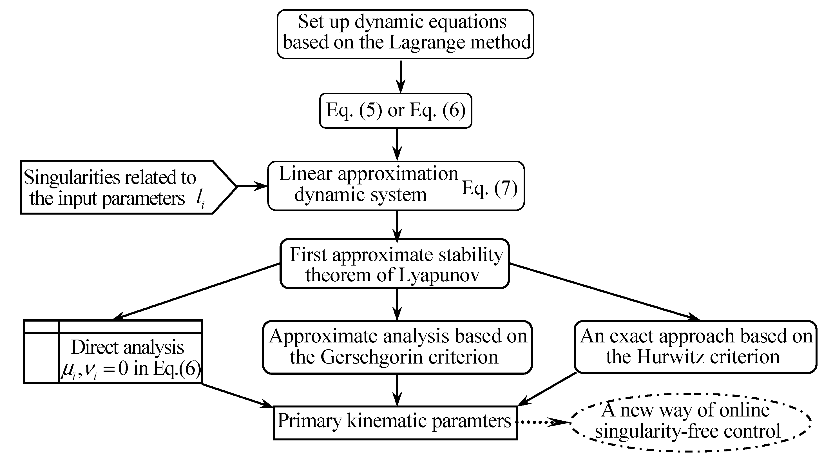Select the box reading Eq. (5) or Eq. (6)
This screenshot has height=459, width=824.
coord(396,111)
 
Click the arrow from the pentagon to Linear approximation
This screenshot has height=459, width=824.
coord(252,186)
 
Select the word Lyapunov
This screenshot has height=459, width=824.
coord(439,275)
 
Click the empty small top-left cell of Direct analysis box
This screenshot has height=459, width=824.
coord(42,326)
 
